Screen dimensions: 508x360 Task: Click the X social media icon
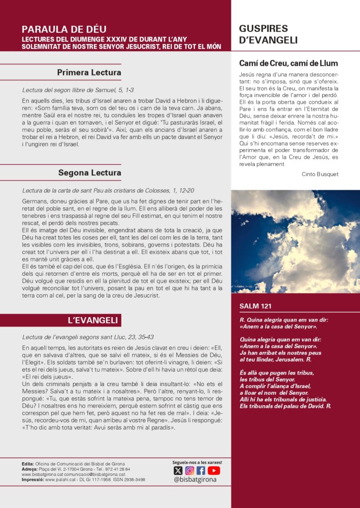(178, 471)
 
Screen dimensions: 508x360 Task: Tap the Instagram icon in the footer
(190, 471)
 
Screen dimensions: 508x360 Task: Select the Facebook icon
(201, 471)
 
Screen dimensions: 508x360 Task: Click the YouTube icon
(214, 471)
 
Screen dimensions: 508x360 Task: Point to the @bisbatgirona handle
(196, 480)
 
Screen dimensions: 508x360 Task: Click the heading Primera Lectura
(89, 73)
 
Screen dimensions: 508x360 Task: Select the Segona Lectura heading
(89, 173)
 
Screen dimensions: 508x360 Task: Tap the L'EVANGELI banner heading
(87, 320)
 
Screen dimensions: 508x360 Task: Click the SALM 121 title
(255, 306)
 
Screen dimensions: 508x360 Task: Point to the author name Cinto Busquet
(320, 174)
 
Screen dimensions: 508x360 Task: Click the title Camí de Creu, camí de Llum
(288, 63)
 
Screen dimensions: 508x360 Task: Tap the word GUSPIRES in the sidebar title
(263, 29)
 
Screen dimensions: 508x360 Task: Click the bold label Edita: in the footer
(28, 463)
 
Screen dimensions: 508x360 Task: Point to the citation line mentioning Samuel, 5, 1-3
(78, 90)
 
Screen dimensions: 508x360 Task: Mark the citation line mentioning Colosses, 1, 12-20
(108, 190)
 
